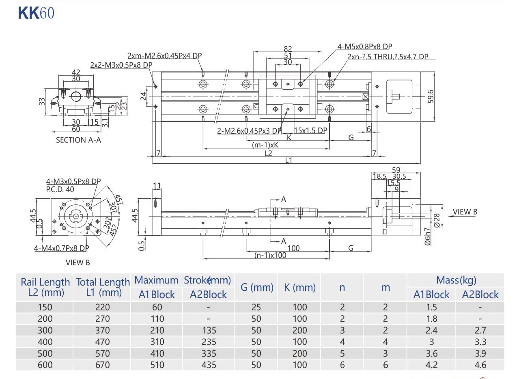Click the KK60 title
[36, 13]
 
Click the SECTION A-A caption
[78, 140]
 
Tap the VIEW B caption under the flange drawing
[78, 262]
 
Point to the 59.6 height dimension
[431, 96]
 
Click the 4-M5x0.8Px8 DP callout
[364, 47]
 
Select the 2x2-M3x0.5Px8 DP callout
[121, 65]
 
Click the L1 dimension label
[289, 160]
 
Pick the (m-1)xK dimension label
[265, 145]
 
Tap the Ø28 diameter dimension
[437, 220]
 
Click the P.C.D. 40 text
[60, 189]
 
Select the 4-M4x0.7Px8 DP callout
[61, 248]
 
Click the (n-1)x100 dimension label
[270, 255]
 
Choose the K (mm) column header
[300, 288]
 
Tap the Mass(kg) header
[456, 280]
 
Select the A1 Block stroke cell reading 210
[157, 330]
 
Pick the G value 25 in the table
[256, 307]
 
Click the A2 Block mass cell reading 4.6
[480, 365]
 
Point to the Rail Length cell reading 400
[45, 342]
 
